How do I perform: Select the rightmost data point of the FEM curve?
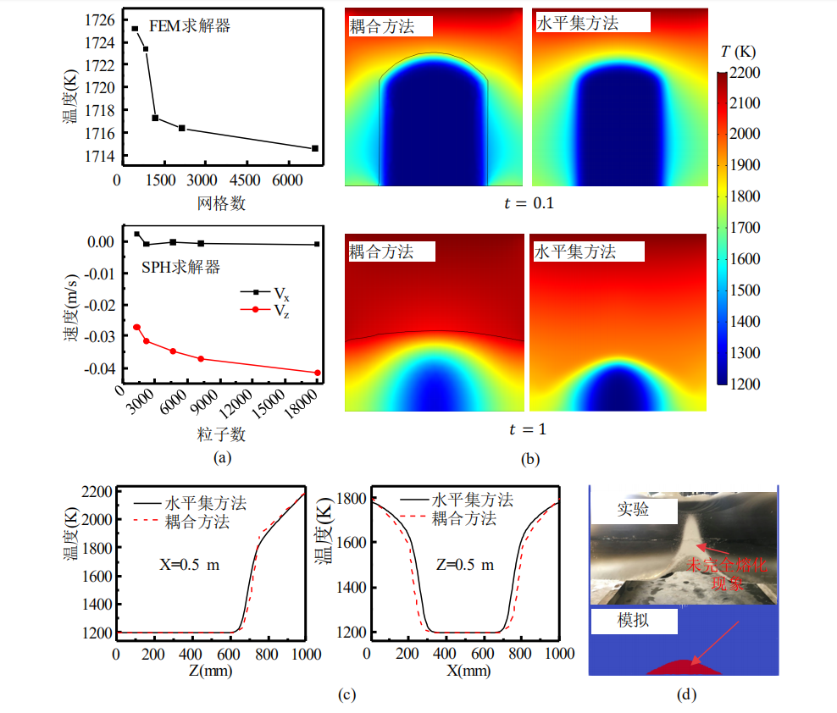pos(315,148)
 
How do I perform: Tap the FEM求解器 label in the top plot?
pos(191,26)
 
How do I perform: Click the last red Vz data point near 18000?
pos(318,373)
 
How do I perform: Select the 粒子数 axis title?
pos(221,434)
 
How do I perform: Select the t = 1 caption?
pos(528,429)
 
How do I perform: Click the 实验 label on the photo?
pos(634,510)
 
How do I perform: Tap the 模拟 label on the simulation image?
pos(634,622)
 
